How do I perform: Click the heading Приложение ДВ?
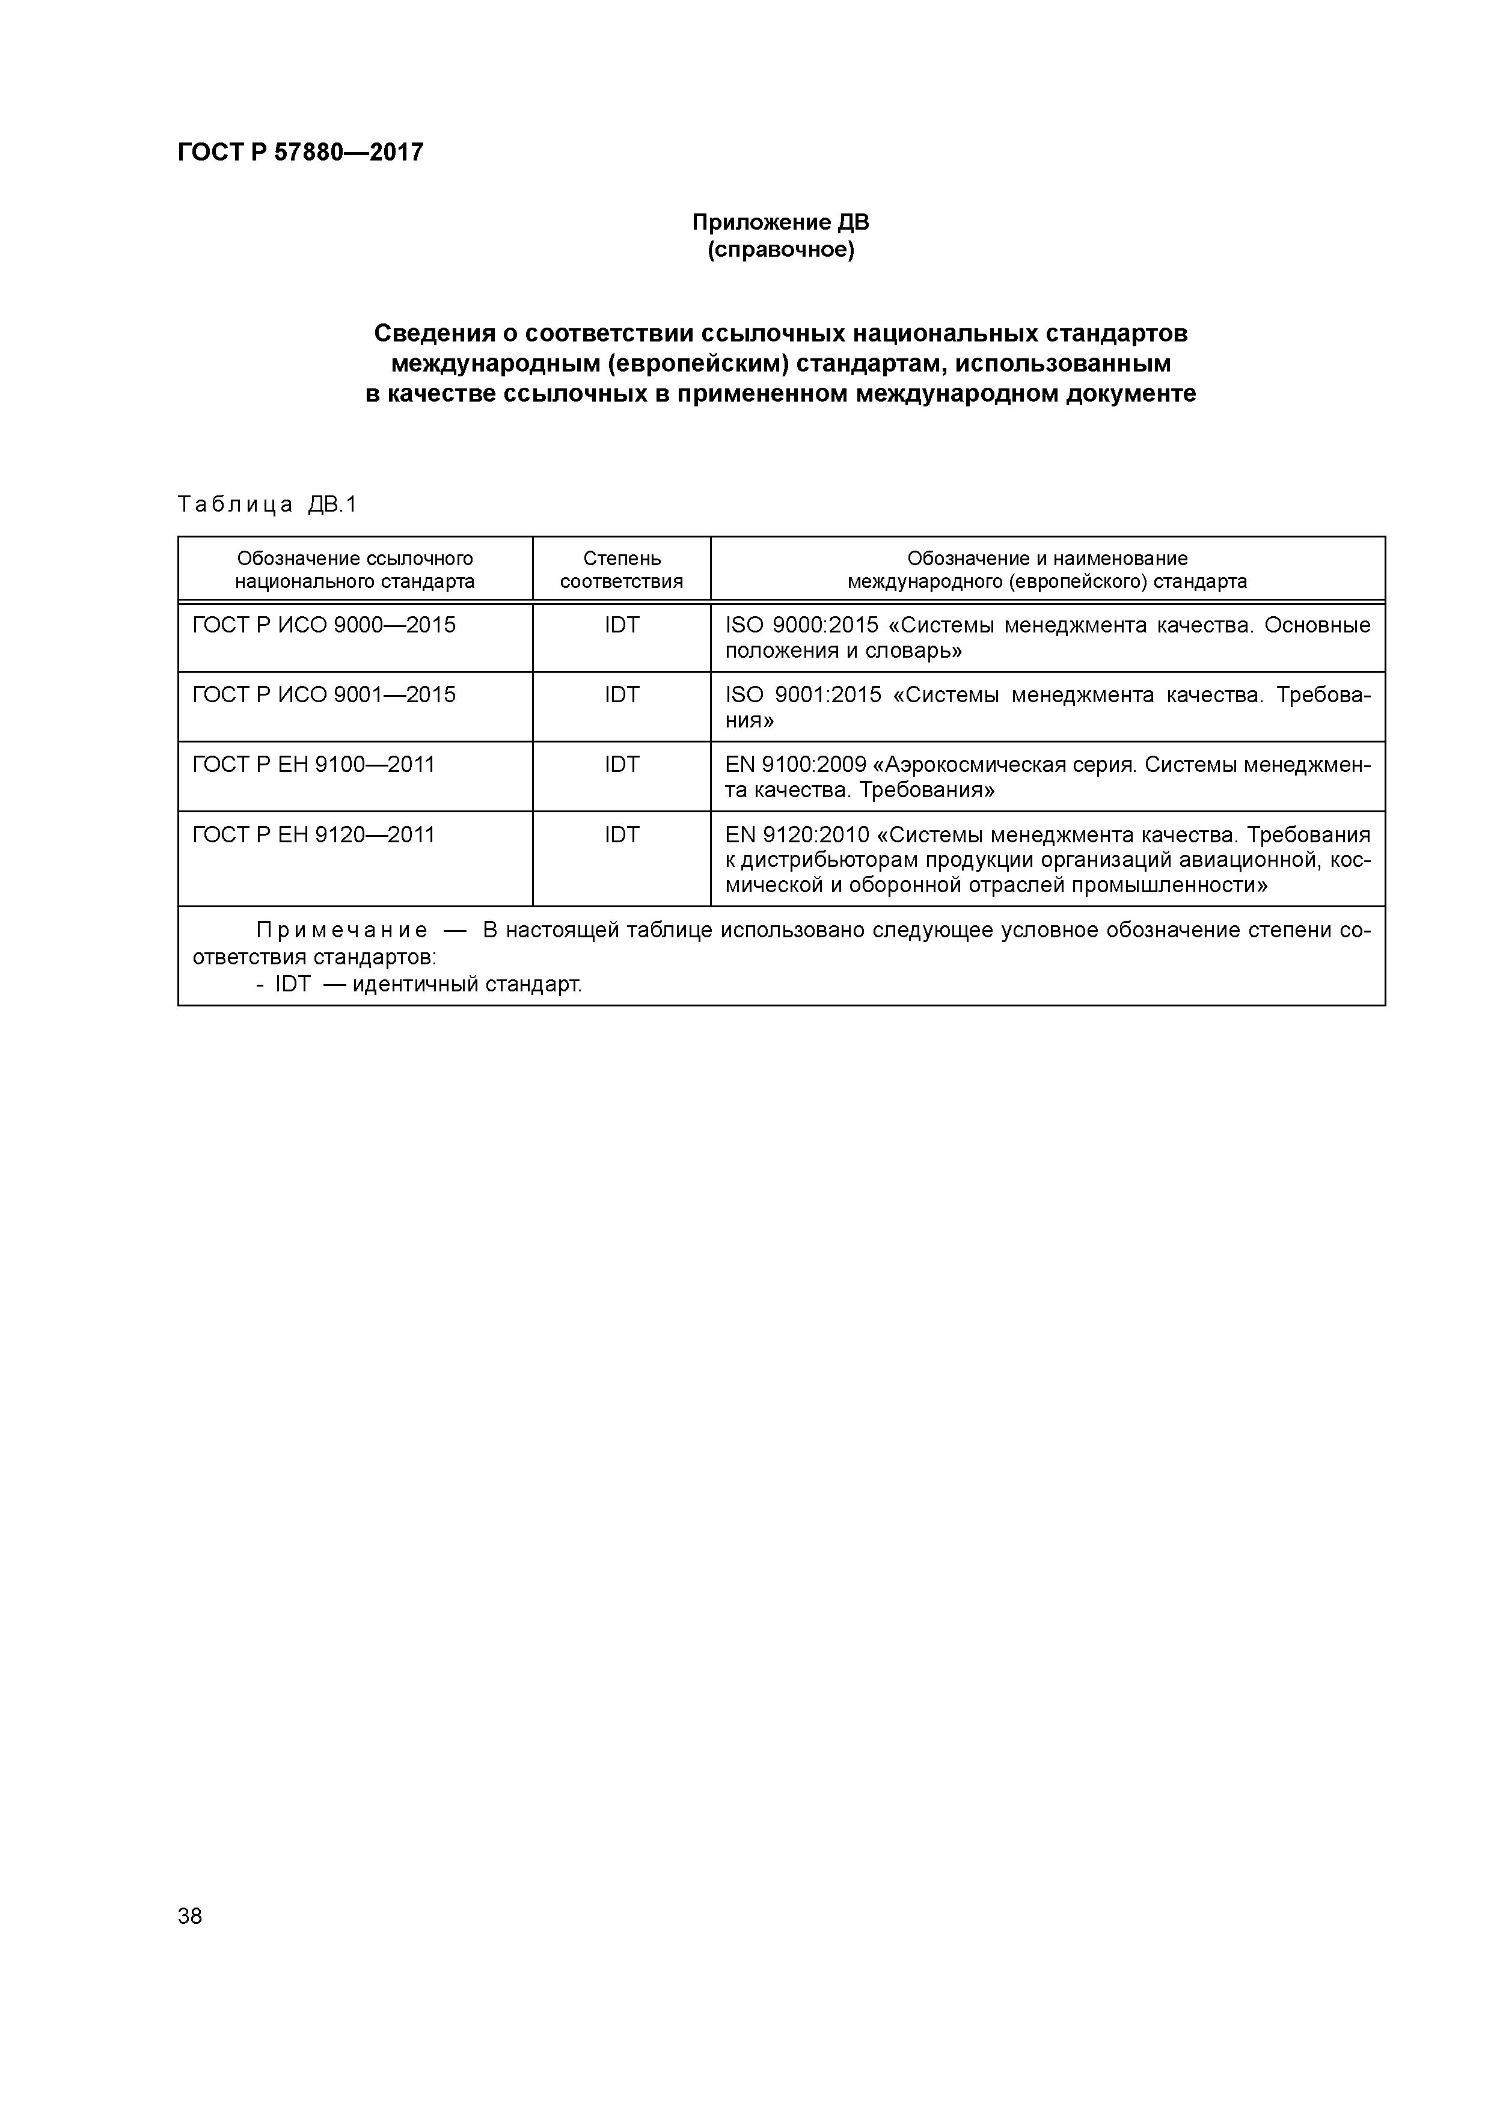pos(780,222)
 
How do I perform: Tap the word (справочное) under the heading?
pos(780,250)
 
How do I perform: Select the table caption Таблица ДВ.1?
pos(266,504)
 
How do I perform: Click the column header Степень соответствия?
pos(621,569)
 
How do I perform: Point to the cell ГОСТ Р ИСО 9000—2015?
pos(323,625)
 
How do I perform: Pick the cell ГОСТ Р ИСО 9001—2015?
pos(323,696)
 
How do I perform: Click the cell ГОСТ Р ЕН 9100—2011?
pos(313,765)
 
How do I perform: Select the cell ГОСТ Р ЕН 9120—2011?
pos(313,835)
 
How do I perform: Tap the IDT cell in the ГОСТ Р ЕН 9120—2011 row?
pos(621,835)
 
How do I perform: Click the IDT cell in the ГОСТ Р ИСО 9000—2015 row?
pos(621,625)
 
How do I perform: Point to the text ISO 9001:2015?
pos(803,696)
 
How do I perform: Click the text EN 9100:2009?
pos(795,765)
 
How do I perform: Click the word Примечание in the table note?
pos(341,931)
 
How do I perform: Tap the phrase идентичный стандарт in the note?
pos(467,985)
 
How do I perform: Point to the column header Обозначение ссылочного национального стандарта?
pos(355,569)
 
